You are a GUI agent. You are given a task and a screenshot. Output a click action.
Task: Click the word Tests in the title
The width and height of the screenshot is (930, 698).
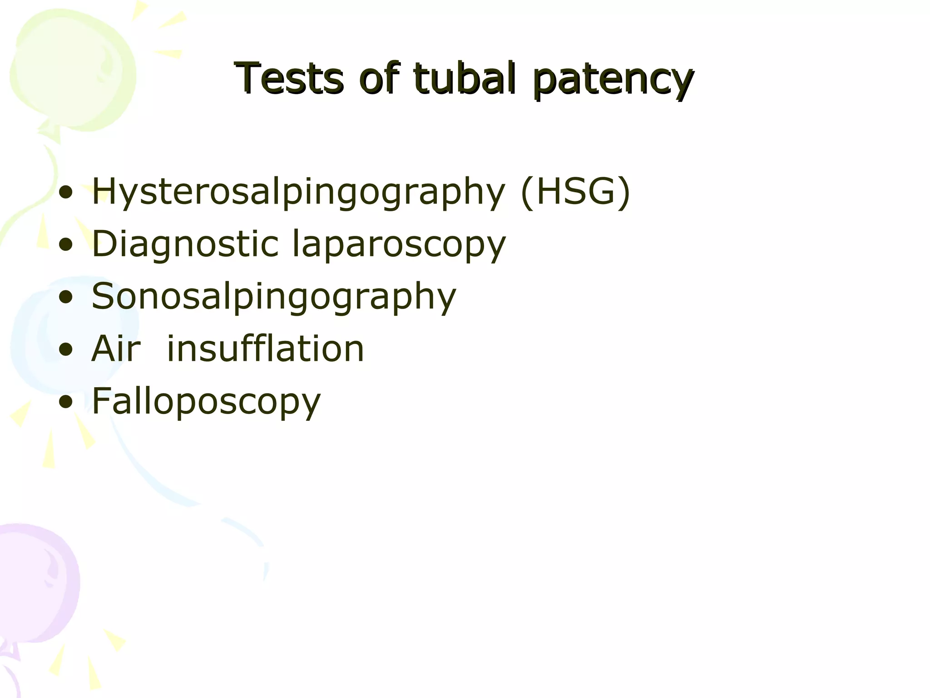pyautogui.click(x=289, y=78)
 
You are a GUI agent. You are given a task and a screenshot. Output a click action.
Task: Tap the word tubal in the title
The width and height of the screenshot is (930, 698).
pyautogui.click(x=465, y=78)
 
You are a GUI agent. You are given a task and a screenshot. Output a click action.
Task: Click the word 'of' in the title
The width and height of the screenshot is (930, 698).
pyautogui.click(x=379, y=78)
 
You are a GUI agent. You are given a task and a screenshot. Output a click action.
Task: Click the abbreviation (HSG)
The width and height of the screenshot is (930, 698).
pyautogui.click(x=576, y=192)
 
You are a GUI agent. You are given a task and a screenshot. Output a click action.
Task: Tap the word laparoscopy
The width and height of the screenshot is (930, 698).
pyautogui.click(x=399, y=245)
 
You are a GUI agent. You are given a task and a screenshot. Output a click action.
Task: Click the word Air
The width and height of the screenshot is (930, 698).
pyautogui.click(x=116, y=349)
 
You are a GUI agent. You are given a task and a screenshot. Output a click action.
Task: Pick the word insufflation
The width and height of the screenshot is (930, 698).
pyautogui.click(x=265, y=349)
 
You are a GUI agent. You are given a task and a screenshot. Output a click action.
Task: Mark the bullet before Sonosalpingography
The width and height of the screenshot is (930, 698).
pyautogui.click(x=66, y=298)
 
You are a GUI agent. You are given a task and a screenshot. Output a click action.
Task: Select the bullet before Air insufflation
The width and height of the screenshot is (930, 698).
pyautogui.click(x=66, y=350)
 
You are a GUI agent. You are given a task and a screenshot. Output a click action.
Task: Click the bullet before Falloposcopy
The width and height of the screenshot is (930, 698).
pyautogui.click(x=66, y=402)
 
